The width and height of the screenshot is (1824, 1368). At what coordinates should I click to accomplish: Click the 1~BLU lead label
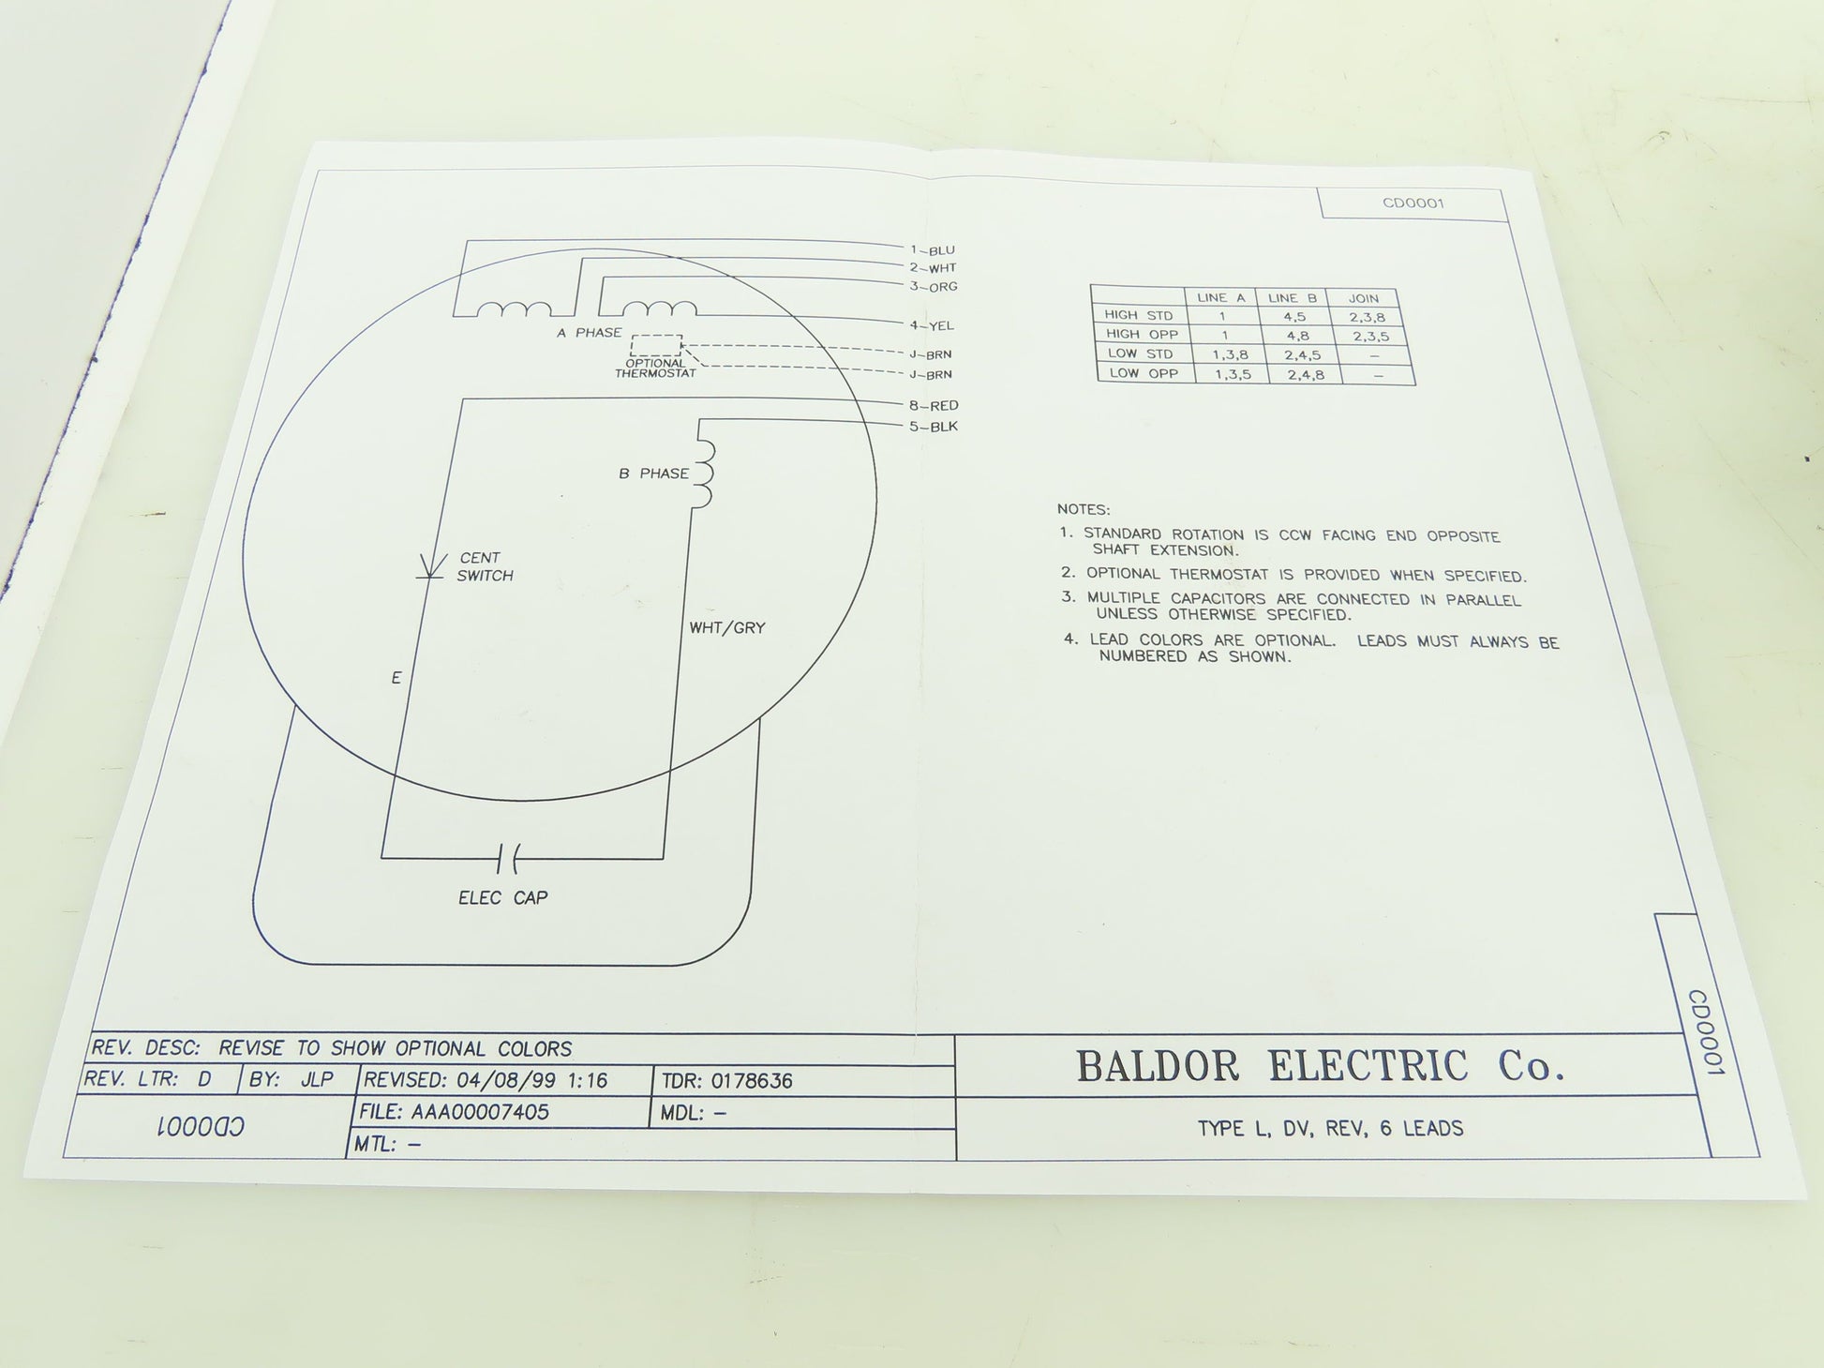[933, 250]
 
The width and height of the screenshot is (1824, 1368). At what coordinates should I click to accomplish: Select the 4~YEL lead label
[932, 325]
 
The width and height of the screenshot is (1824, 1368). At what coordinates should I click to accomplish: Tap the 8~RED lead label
[933, 406]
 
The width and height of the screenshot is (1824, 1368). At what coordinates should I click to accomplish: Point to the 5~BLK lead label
[934, 427]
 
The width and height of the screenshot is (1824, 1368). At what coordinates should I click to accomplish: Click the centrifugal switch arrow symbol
[431, 566]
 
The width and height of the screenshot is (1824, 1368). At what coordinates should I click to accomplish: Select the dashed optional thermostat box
[656, 345]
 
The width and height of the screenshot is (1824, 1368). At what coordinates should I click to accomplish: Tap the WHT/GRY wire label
[727, 628]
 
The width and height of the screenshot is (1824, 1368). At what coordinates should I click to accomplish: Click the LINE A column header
[1221, 298]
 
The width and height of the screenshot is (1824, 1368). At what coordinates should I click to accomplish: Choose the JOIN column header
[1364, 298]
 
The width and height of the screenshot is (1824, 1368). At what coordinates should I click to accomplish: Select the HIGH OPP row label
[1142, 334]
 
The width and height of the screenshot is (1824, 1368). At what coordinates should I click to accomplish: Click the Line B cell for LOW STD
[1302, 354]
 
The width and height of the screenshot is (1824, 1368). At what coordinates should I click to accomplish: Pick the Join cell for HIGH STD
[1367, 317]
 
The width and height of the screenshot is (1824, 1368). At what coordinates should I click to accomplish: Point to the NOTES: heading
[1084, 509]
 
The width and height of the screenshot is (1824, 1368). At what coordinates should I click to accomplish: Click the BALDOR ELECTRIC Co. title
[1320, 1066]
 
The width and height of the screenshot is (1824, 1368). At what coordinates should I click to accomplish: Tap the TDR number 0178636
[752, 1081]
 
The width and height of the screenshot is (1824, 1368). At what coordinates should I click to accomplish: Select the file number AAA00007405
[480, 1112]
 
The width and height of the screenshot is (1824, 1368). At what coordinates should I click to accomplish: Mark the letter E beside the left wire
[396, 678]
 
